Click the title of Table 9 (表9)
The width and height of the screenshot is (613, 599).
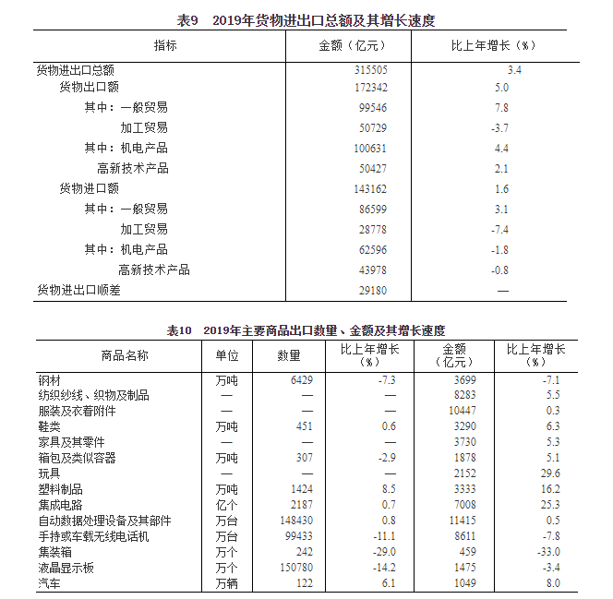pos(306,20)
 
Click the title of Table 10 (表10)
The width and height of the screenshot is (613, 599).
pos(306,329)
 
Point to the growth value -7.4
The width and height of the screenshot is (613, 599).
pos(500,229)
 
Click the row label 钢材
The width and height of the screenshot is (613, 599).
pos(49,379)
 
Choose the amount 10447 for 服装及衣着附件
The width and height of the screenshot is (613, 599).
pos(462,411)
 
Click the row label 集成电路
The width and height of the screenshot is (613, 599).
pos(60,505)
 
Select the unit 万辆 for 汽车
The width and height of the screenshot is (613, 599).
pos(226,583)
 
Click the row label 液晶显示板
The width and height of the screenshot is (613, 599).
pos(66,568)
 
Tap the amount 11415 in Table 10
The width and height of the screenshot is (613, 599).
pos(462,521)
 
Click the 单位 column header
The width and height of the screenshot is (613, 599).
pos(226,355)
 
